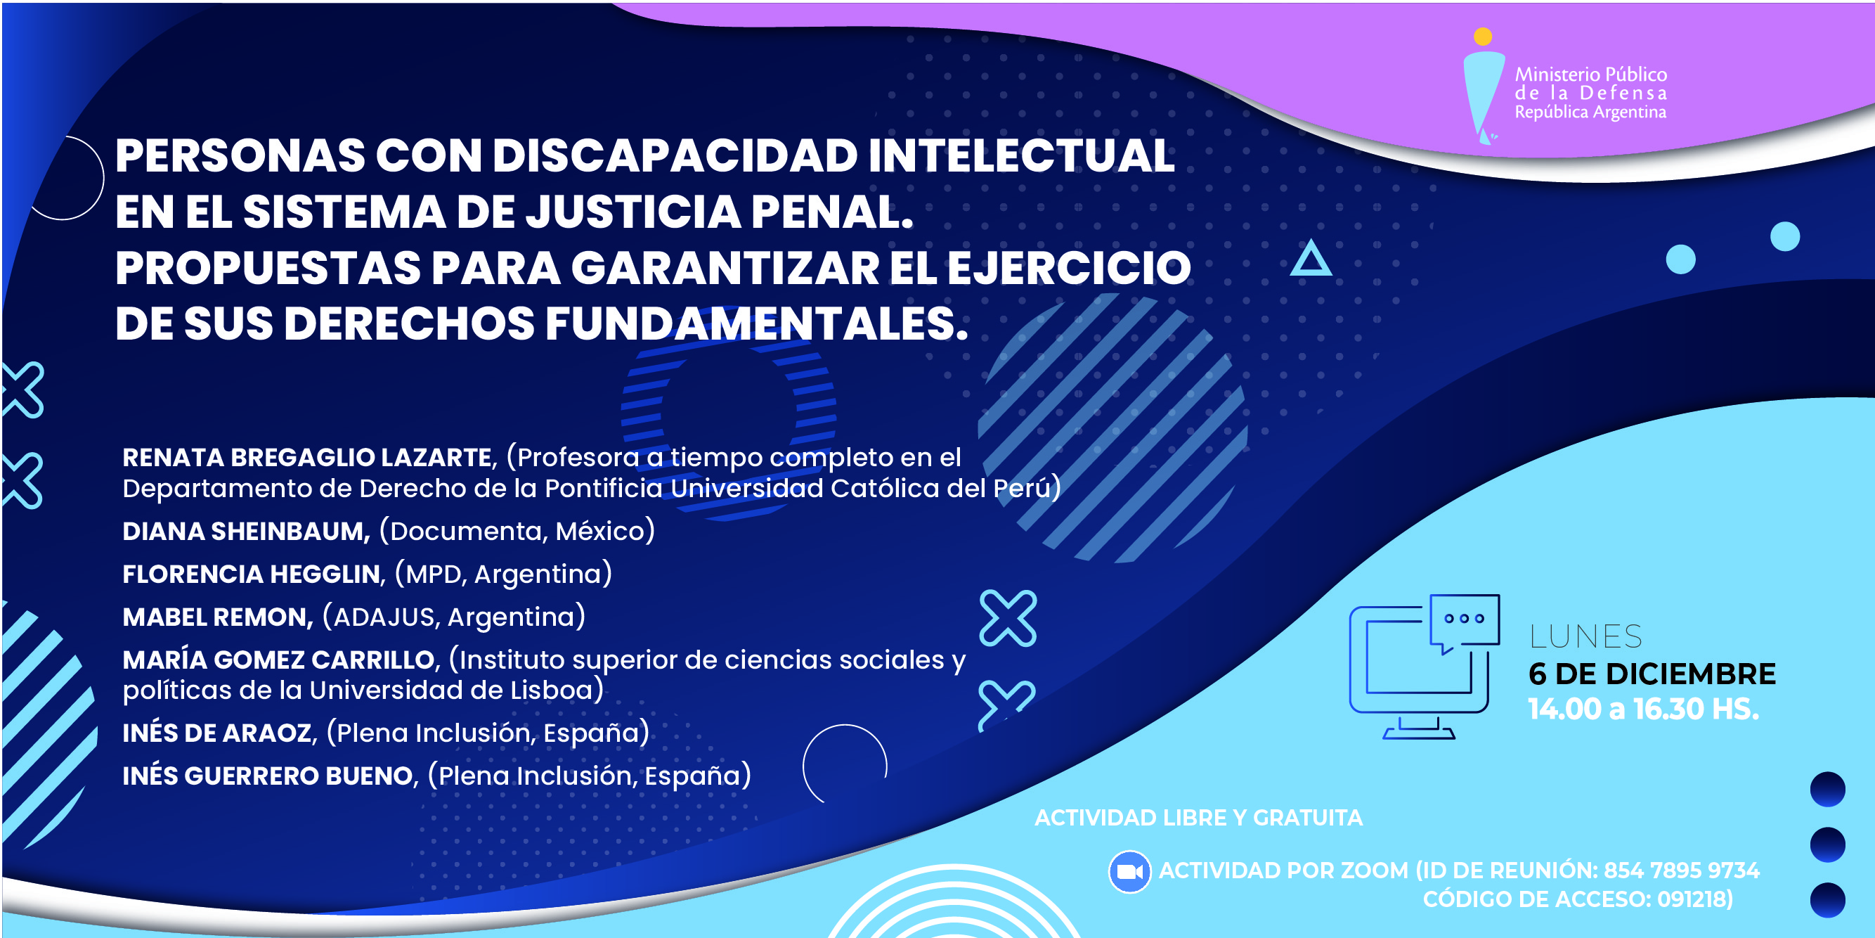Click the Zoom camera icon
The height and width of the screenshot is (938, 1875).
(x=1129, y=871)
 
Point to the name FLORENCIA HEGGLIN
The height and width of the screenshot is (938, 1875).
(x=252, y=574)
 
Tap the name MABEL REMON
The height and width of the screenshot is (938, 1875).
(x=216, y=617)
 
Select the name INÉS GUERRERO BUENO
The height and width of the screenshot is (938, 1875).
(x=268, y=776)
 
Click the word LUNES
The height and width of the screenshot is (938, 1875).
(x=1585, y=637)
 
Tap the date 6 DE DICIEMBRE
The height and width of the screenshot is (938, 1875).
(x=1652, y=674)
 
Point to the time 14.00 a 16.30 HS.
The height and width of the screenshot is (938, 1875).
(x=1644, y=709)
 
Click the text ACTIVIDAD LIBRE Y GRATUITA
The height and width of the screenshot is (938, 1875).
(x=1198, y=818)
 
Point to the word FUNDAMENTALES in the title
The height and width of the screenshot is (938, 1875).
(x=756, y=323)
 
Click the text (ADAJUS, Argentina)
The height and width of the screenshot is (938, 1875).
(x=454, y=617)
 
